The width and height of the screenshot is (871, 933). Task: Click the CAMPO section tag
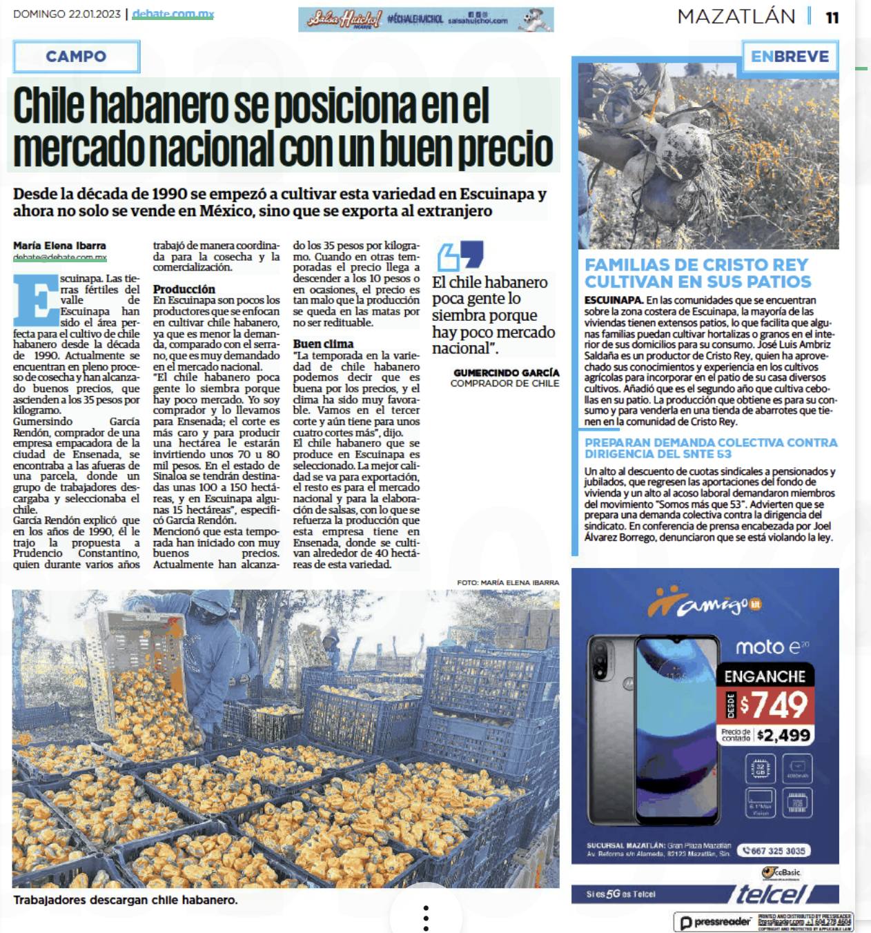pyautogui.click(x=76, y=57)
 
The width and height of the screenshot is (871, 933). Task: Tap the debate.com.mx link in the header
pyautogui.click(x=173, y=14)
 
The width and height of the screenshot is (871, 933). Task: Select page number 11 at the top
pyautogui.click(x=832, y=17)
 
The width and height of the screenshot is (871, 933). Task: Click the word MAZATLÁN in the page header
pyautogui.click(x=736, y=17)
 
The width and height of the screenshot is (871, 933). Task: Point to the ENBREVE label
pyautogui.click(x=790, y=57)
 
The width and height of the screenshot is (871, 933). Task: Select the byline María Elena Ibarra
pyautogui.click(x=59, y=246)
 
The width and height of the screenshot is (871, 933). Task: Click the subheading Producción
pyautogui.click(x=184, y=289)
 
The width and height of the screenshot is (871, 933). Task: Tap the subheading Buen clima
pyautogui.click(x=323, y=344)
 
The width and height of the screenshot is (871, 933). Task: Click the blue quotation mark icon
pyautogui.click(x=460, y=255)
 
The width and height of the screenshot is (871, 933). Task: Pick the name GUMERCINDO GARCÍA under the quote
pyautogui.click(x=506, y=373)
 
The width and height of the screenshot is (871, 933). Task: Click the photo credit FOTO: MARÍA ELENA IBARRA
pyautogui.click(x=508, y=582)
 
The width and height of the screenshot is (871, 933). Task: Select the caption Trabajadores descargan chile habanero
pyautogui.click(x=126, y=900)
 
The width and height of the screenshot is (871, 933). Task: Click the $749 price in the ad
pyautogui.click(x=774, y=705)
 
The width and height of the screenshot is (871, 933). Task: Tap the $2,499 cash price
pyautogui.click(x=783, y=735)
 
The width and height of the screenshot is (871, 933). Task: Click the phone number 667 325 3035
pyautogui.click(x=774, y=851)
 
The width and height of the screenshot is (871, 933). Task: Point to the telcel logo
pyautogui.click(x=771, y=894)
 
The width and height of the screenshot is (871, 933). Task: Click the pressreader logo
pyautogui.click(x=715, y=922)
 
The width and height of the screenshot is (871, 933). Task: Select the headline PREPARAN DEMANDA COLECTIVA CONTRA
pyautogui.click(x=711, y=442)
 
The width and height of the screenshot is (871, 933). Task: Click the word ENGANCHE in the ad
pyautogui.click(x=765, y=676)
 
